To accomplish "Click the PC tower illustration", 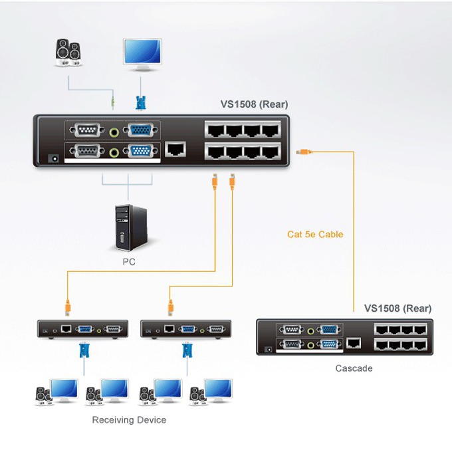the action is tap(131, 227).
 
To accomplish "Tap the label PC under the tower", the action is tap(129, 262).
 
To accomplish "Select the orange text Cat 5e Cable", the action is tap(315, 234).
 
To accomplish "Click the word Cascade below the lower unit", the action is tap(354, 368).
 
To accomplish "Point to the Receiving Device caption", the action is tap(129, 419).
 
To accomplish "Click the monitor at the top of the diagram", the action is tap(142, 55).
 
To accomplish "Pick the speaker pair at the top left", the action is tap(68, 53).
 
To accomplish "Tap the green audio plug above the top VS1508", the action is tap(113, 102).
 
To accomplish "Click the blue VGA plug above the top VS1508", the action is tap(141, 103).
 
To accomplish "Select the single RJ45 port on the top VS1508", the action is tap(175, 150).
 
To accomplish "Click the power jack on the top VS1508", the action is tap(53, 158).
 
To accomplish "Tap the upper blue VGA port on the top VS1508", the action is tap(140, 130).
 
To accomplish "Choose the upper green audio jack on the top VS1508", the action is tap(114, 132).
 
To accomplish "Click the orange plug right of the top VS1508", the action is tap(304, 152).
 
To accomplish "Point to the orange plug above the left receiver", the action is tap(67, 308).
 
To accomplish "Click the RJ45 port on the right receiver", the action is tap(169, 328).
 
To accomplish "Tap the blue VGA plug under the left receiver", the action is tap(84, 350).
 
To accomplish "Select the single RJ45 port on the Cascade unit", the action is tap(354, 343).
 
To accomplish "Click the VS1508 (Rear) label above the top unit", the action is tap(254, 104).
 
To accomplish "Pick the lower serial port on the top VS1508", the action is tap(87, 151).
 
